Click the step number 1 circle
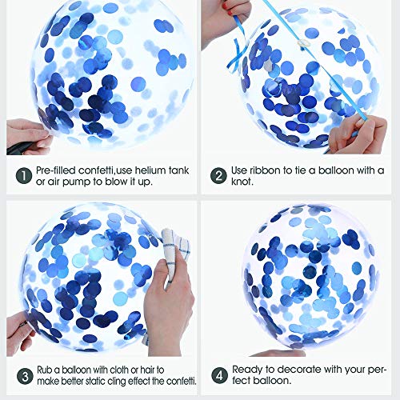tap(24, 176)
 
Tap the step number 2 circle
tap(218, 176)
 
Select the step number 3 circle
tap(25, 376)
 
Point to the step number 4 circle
tap(219, 375)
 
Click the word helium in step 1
tap(150, 170)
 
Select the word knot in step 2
tap(242, 182)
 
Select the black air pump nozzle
tap(20, 148)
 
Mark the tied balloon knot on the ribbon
tap(302, 43)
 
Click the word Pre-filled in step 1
tap(56, 170)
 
